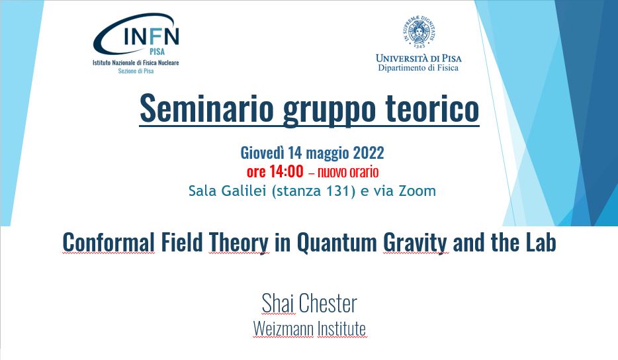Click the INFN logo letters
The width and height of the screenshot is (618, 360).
pyautogui.click(x=152, y=36)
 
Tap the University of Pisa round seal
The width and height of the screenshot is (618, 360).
pyautogui.click(x=419, y=31)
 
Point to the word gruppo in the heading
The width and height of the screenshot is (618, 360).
pyautogui.click(x=329, y=111)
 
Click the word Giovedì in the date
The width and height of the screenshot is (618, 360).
pyautogui.click(x=262, y=153)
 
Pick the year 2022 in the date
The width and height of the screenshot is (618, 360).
pyautogui.click(x=368, y=153)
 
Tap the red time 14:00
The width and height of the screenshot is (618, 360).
pyautogui.click(x=286, y=171)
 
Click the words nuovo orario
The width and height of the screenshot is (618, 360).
pyautogui.click(x=348, y=172)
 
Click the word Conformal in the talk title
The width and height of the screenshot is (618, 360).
pyautogui.click(x=109, y=242)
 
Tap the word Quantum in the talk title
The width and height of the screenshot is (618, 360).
pyautogui.click(x=337, y=243)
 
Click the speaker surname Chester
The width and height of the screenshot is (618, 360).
pyautogui.click(x=328, y=303)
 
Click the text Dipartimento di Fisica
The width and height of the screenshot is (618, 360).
pyautogui.click(x=418, y=67)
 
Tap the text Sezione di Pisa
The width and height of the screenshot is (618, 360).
pyautogui.click(x=136, y=71)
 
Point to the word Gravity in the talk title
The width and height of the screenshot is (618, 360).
pyautogui.click(x=415, y=244)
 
